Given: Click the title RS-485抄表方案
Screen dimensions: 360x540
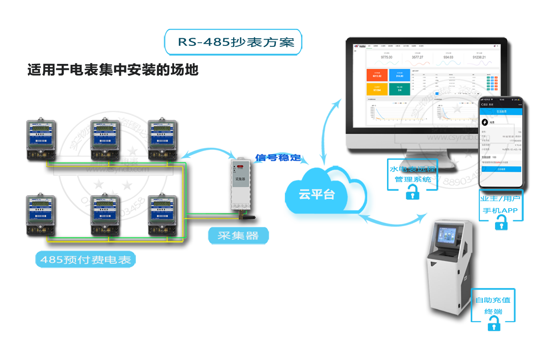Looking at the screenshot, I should pos(234,42).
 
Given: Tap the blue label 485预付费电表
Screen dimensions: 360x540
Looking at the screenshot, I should pos(85,260).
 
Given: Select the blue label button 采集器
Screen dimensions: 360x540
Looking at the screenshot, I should pos(238,236).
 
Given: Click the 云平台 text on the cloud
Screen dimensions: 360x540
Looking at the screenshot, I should pos(317,194).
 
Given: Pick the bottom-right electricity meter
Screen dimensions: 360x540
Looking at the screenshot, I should pos(162,214).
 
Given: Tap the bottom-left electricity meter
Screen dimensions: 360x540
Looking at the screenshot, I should pos(41,214).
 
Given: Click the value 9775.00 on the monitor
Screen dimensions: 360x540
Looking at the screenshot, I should pos(387,57).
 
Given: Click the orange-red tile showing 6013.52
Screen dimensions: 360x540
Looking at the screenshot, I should pos(377,75).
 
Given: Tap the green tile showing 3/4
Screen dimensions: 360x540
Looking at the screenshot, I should pos(400,89).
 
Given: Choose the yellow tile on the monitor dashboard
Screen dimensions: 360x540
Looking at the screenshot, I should pos(377,89).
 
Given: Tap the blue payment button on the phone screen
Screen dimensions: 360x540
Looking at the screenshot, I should pos(501,169).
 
